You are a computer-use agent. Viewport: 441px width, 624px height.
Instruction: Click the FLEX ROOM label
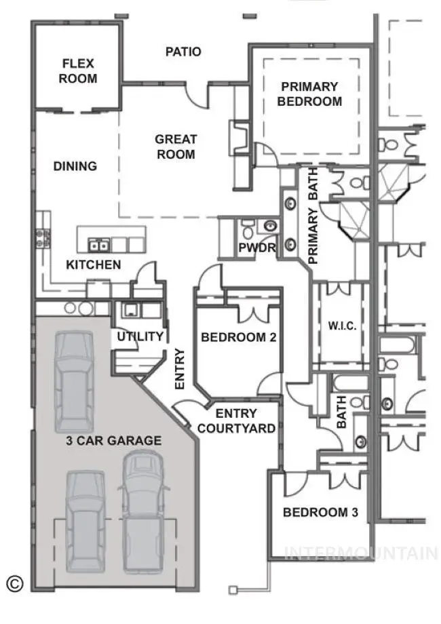click(79, 71)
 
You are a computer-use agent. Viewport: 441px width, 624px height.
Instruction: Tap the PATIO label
click(183, 52)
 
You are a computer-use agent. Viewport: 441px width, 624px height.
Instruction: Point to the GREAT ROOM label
click(176, 147)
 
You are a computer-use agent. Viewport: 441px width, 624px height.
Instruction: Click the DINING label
click(75, 166)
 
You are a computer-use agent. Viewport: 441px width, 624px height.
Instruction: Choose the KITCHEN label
click(94, 265)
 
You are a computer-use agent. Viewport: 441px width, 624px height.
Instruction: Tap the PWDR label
click(257, 248)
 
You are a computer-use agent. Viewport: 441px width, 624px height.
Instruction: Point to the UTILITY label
click(140, 336)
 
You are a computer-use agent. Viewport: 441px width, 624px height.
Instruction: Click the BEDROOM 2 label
click(238, 337)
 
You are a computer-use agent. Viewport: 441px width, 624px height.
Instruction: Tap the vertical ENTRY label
click(180, 369)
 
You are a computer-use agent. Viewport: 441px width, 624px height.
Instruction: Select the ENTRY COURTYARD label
click(236, 421)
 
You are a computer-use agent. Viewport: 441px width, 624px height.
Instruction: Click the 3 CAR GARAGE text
click(113, 441)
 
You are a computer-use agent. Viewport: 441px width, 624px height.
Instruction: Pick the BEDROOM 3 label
click(320, 512)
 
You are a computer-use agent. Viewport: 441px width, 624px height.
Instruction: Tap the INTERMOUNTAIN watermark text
click(361, 553)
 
